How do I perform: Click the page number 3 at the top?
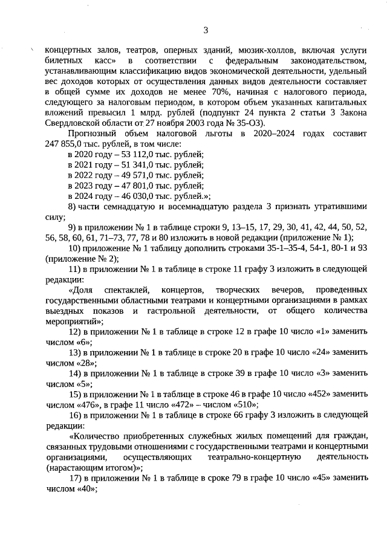tap(205, 29)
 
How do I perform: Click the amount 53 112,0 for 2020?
tap(124, 155)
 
